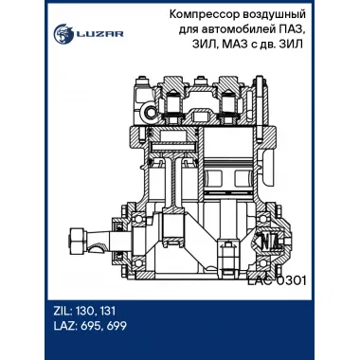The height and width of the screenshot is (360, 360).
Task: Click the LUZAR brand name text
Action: pos(99,34)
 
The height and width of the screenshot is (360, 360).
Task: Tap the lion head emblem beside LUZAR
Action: pos(63,33)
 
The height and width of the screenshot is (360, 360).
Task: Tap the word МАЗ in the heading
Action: pos(234,45)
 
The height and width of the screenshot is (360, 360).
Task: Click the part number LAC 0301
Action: pos(277,280)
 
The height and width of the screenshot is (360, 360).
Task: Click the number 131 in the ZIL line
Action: pos(107,311)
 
